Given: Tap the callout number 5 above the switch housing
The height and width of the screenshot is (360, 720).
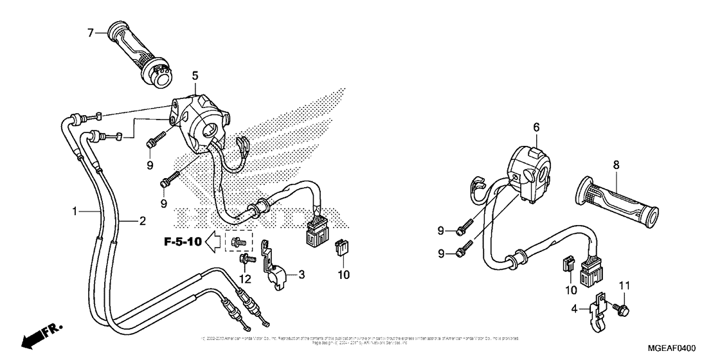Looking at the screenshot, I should [x=195, y=76].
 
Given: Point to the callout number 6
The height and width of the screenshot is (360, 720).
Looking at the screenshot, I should [x=535, y=128].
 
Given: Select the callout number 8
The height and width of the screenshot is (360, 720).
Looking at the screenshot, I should [x=616, y=165].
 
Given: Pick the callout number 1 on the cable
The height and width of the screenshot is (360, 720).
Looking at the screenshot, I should [x=75, y=210].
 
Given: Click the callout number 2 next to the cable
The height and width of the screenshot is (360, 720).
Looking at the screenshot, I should [x=143, y=221].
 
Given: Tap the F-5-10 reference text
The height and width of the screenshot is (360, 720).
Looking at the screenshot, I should [x=183, y=242].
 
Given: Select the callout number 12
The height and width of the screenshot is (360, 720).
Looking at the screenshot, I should [x=245, y=278].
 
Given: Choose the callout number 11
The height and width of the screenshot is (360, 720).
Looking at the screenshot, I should [x=623, y=285].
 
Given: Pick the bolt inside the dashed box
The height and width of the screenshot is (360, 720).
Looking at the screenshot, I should [x=238, y=242].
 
